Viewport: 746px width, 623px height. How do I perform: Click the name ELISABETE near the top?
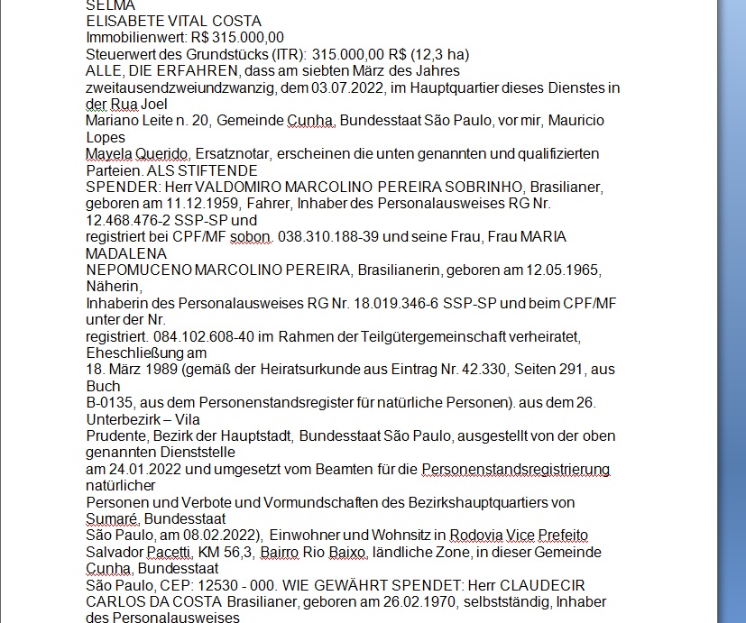tap(124, 21)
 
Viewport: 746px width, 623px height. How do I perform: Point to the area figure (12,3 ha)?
tap(447, 54)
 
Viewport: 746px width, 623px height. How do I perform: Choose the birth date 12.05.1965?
tap(565, 270)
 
